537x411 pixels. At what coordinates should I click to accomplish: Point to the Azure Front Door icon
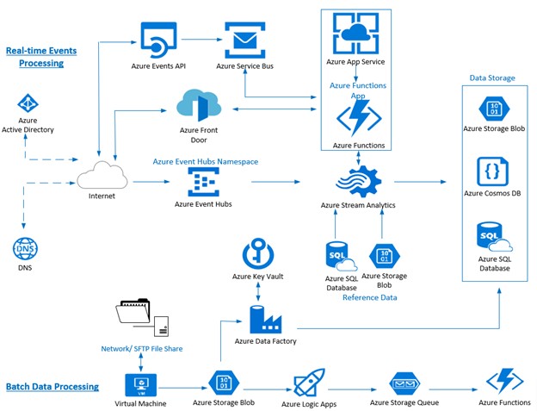pyautogui.click(x=195, y=105)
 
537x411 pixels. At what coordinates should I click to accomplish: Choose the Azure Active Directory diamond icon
pyautogui.click(x=28, y=103)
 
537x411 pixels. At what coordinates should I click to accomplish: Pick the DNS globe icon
pyautogui.click(x=25, y=249)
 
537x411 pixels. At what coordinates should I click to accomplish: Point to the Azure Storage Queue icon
pyautogui.click(x=403, y=383)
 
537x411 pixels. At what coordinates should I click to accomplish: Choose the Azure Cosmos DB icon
pyautogui.click(x=491, y=170)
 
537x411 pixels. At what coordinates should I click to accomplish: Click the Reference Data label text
pyautogui.click(x=369, y=297)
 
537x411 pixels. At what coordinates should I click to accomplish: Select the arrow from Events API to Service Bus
pyautogui.click(x=200, y=39)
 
